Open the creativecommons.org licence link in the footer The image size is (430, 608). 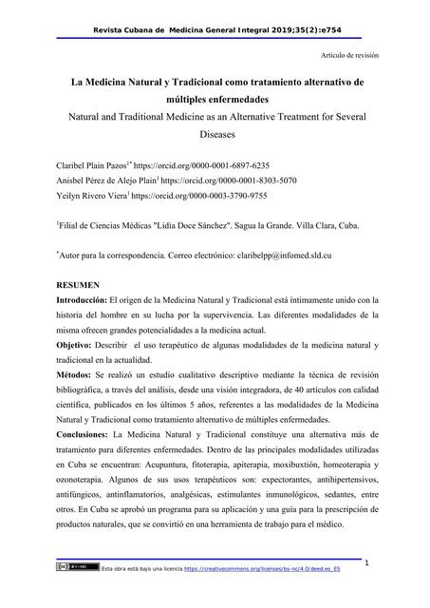click(267, 594)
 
